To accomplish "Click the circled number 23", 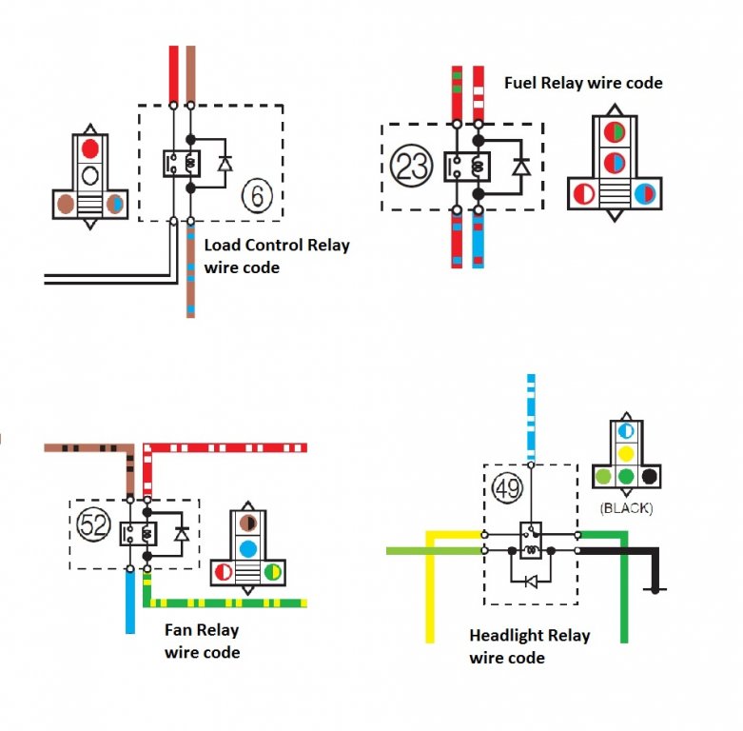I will (x=412, y=166).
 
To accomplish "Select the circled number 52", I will (x=94, y=524).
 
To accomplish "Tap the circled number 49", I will (x=507, y=489).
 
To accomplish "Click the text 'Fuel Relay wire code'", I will (x=582, y=83).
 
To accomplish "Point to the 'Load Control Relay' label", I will (x=277, y=246).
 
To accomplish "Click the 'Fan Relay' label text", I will (x=202, y=630).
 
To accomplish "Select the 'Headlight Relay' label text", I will (x=529, y=636).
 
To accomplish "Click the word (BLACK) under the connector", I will (x=626, y=508).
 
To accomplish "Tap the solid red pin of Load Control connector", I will (x=90, y=148).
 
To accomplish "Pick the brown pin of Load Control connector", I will (x=66, y=202).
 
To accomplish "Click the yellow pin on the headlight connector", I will (x=626, y=453).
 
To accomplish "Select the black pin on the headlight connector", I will (x=650, y=476).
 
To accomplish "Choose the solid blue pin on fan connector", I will (x=247, y=548).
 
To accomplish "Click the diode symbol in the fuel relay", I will (x=520, y=168).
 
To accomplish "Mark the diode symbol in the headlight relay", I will (x=532, y=581).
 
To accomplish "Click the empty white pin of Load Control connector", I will (x=90, y=175).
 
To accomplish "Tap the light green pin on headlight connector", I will (x=601, y=476).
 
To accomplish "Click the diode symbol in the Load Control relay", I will (x=225, y=163).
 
